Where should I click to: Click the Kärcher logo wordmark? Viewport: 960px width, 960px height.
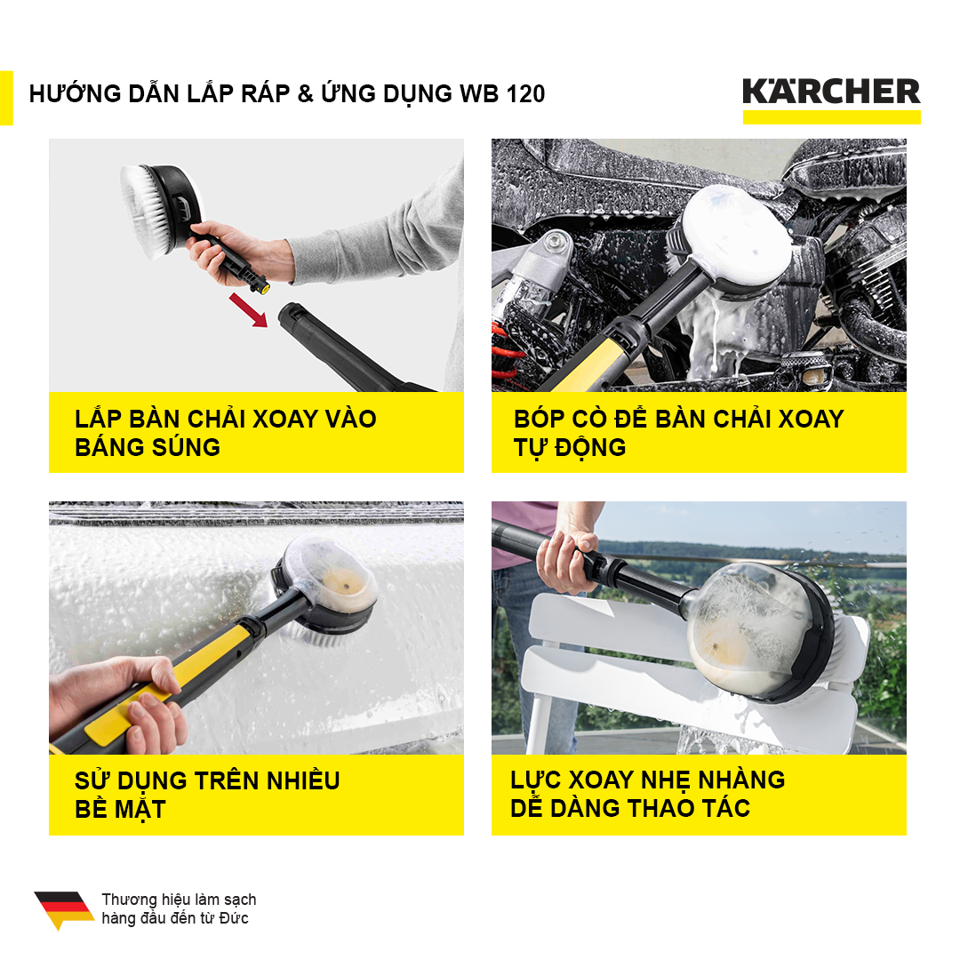coord(831,92)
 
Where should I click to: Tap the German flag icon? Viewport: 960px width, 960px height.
coord(64,910)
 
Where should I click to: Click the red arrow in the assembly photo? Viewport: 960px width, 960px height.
coord(249,310)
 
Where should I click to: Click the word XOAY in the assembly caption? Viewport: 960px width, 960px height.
coord(284,420)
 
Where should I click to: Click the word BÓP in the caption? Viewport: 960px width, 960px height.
coord(539,420)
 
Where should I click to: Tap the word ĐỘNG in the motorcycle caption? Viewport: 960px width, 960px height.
coord(590,447)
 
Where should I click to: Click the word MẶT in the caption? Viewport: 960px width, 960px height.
coord(139,810)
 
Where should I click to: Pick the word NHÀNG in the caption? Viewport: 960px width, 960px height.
coord(741,780)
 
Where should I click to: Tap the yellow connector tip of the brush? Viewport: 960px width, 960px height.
coord(261,287)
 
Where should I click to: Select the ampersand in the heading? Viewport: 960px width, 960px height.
coord(305,93)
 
